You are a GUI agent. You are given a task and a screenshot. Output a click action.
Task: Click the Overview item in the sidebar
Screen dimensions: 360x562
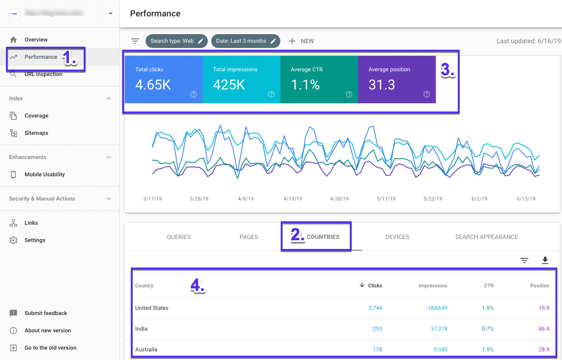click(x=36, y=40)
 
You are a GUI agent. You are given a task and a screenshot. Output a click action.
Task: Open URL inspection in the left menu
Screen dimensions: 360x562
click(x=43, y=74)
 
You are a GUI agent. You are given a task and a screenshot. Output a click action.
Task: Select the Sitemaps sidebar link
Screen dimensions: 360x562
click(x=36, y=133)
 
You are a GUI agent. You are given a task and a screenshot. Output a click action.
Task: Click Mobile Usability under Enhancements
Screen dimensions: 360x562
click(x=44, y=175)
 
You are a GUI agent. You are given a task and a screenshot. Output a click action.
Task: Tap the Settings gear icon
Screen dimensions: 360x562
click(x=13, y=240)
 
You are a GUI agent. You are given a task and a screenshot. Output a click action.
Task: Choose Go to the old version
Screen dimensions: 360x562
click(x=50, y=348)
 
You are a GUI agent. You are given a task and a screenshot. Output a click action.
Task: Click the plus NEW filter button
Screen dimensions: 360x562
click(x=302, y=41)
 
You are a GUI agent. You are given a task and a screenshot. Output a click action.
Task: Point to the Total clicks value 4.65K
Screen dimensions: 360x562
click(x=153, y=85)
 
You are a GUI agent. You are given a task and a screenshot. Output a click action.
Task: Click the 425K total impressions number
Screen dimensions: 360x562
click(x=229, y=85)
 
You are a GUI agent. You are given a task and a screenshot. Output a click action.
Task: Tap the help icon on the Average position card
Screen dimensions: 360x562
click(x=427, y=94)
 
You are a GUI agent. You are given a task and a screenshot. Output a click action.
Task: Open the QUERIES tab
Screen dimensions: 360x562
click(x=179, y=237)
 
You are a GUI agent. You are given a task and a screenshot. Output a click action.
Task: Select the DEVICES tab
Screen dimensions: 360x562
click(x=397, y=237)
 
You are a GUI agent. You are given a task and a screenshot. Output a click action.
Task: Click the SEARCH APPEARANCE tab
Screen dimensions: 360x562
click(x=486, y=237)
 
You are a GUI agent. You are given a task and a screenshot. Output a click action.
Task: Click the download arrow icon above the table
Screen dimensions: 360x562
click(x=545, y=260)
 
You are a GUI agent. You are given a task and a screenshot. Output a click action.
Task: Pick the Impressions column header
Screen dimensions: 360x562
click(x=433, y=286)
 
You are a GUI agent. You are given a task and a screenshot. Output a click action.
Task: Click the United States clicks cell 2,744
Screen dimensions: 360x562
click(x=375, y=308)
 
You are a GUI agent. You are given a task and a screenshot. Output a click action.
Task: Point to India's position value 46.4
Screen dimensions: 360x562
click(x=543, y=329)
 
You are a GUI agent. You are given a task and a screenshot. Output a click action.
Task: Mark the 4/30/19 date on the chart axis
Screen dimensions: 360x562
click(x=339, y=199)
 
